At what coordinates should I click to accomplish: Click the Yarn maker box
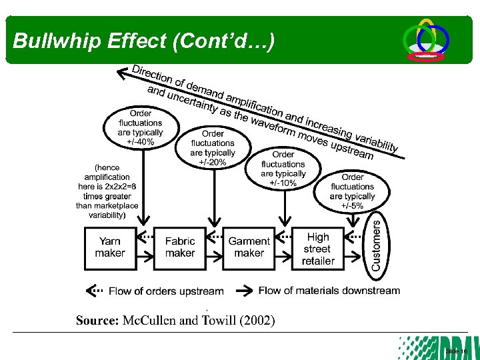[x=110, y=248]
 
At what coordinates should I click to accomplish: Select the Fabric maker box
[x=180, y=248]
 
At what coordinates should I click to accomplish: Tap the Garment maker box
[x=249, y=248]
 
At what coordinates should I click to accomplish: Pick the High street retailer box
[x=318, y=248]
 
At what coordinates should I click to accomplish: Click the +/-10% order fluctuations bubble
[x=283, y=168]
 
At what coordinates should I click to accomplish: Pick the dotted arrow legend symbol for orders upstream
[x=95, y=291]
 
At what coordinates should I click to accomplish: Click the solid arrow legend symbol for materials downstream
[x=246, y=291]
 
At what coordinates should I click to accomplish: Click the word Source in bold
[x=97, y=321]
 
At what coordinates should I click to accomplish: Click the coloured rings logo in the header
[x=427, y=40]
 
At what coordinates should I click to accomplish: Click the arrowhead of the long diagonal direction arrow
[x=122, y=69]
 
